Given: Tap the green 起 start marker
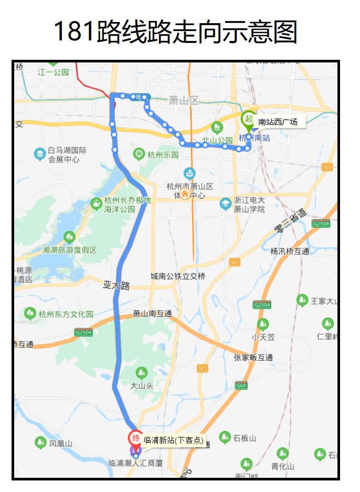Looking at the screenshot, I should click(x=248, y=119).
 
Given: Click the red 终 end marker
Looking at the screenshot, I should click(x=135, y=438).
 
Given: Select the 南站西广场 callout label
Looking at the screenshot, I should click(x=278, y=122).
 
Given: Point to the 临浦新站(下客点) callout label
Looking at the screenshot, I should click(x=173, y=440).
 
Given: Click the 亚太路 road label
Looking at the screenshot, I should click(x=116, y=286).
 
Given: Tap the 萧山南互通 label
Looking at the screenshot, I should click(x=152, y=314).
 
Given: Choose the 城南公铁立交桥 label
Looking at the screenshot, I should click(x=178, y=276).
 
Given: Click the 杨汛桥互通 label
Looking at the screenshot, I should click(x=290, y=251).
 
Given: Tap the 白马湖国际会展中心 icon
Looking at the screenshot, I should click(x=40, y=154).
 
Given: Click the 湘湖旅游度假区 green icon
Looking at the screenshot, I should click(x=69, y=238).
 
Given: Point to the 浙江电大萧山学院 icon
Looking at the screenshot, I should click(x=226, y=204).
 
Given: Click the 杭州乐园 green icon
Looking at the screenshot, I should click(x=139, y=154).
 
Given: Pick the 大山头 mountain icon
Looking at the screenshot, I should click(x=141, y=373).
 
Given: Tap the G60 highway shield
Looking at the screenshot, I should click(x=241, y=386).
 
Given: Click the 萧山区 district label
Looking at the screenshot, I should click(x=184, y=101).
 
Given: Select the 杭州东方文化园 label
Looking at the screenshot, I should click(x=66, y=314).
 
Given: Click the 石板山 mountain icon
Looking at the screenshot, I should click(x=225, y=437).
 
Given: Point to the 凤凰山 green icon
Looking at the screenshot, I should click(x=40, y=443).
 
